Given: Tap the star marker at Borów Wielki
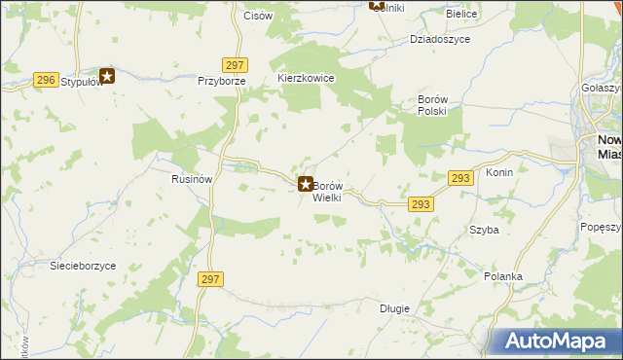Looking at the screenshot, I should pos(305,183).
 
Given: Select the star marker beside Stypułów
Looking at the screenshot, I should pos(107,75).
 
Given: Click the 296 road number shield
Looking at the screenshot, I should pos(45,81).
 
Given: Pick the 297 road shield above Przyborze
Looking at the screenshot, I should pos(232,64).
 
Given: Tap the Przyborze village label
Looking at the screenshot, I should pos(219,82).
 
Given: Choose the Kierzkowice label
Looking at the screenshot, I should pos(306,78).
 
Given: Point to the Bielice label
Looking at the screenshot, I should pos(460,15).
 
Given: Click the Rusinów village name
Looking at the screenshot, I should pos(192,179).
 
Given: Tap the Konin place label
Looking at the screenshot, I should pos(498,172).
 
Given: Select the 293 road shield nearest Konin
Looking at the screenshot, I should pos(461,178).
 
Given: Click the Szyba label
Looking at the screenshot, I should pos(484,230).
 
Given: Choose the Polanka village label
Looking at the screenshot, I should pos(503,276).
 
